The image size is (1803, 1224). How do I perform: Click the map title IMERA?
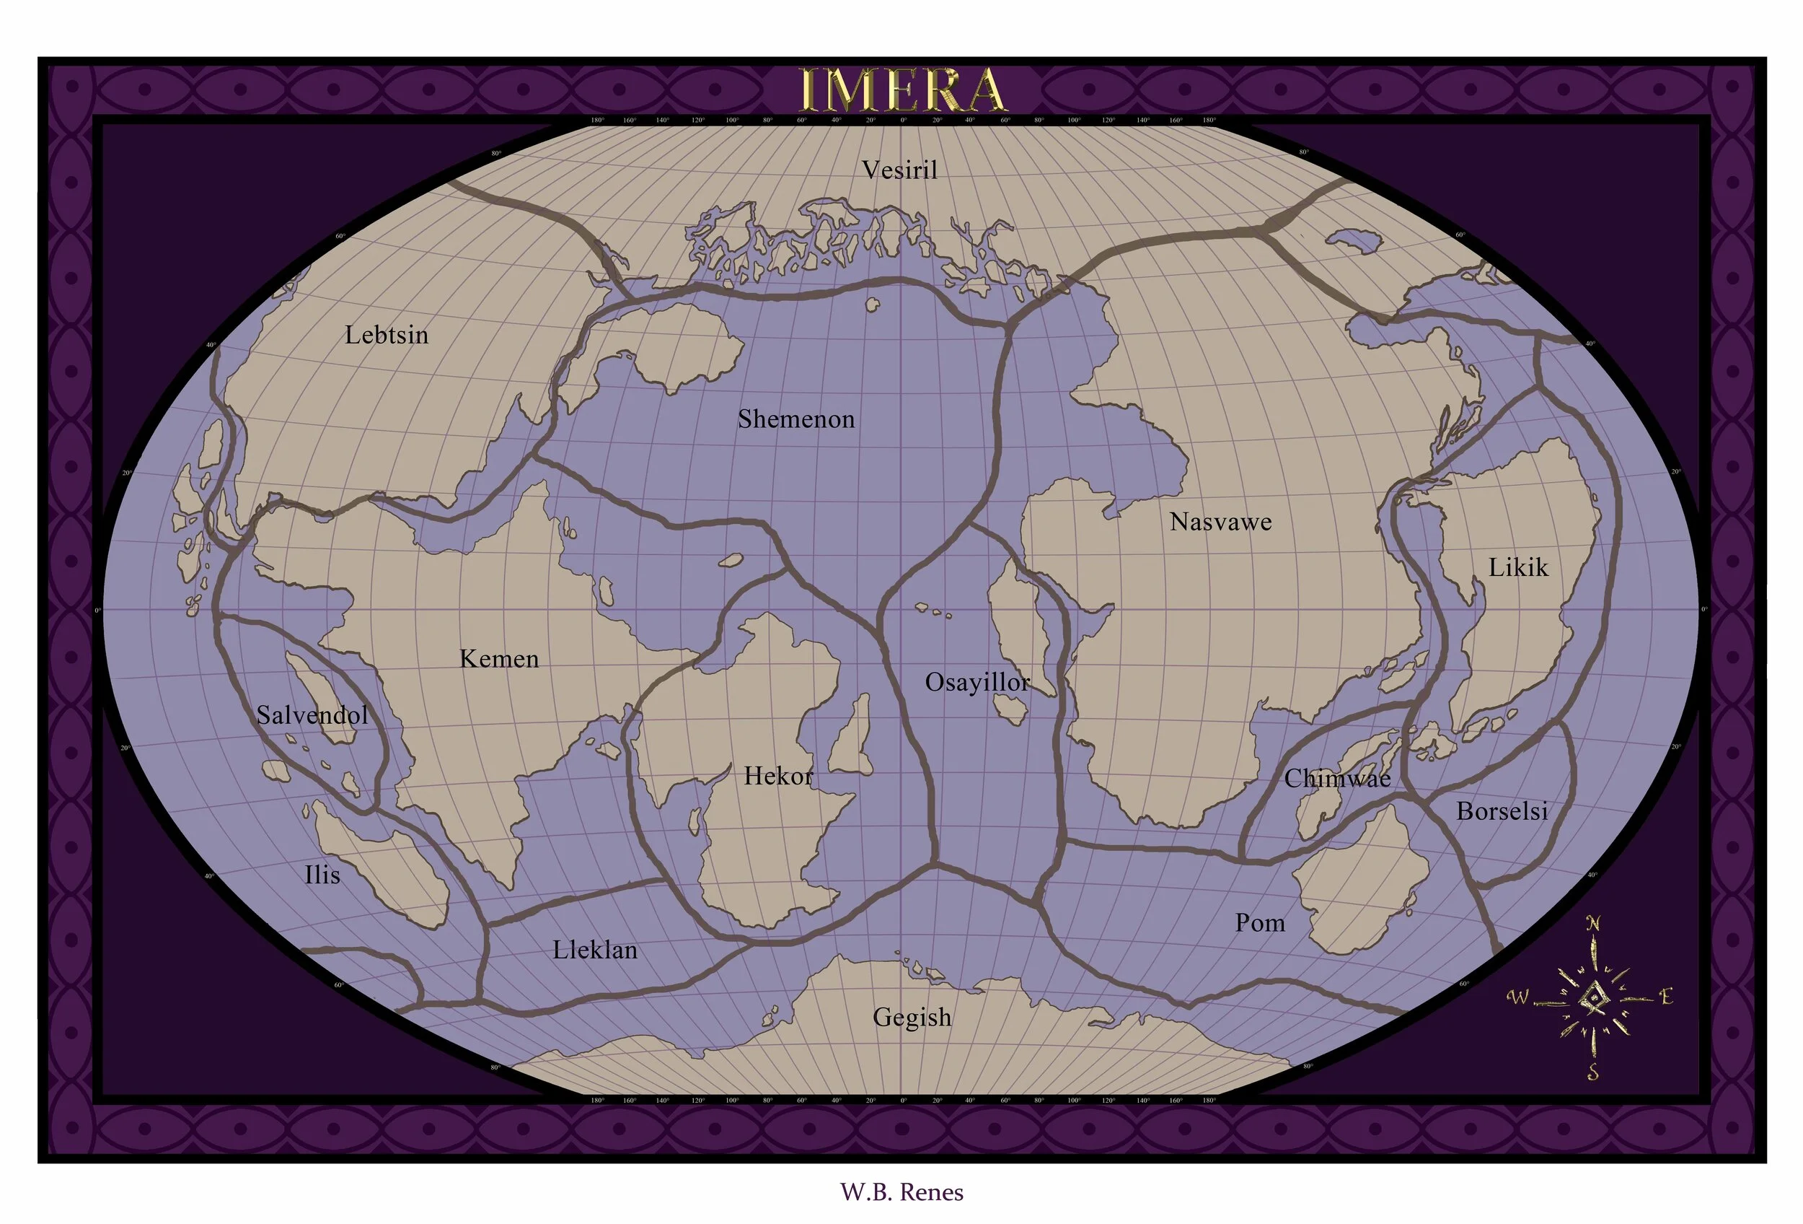pos(901,90)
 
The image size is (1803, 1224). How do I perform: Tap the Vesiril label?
pos(900,170)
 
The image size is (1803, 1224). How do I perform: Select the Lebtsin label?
pos(387,336)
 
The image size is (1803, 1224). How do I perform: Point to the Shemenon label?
pos(796,419)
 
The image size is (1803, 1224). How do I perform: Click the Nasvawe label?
pos(1220,522)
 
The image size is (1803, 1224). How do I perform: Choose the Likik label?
pos(1517,567)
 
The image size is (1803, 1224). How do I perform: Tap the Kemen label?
pos(499,659)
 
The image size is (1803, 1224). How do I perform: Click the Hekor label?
pos(778,775)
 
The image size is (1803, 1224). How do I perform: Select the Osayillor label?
pos(977,682)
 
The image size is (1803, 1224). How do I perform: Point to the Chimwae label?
pos(1336,778)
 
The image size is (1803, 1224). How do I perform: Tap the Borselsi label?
pos(1502,811)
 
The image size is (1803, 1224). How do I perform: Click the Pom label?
pos(1260,923)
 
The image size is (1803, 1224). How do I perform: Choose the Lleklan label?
pos(595,950)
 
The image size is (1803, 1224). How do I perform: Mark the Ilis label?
pos(322,875)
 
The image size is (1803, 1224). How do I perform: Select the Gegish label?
pos(912,1017)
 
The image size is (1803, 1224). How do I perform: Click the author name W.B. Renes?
pos(901,1192)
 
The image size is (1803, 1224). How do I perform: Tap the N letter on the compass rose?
pos(1592,924)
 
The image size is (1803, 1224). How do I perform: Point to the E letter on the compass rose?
pos(1666,996)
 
